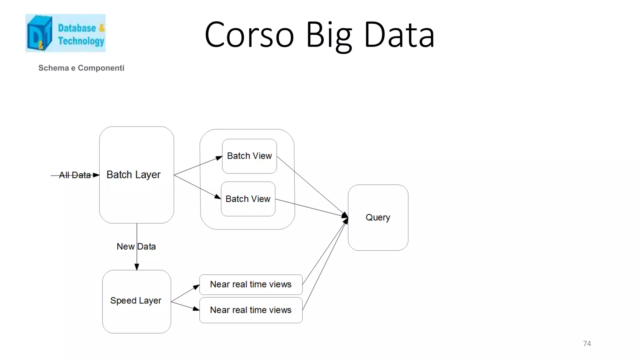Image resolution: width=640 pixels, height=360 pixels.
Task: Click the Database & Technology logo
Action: pyautogui.click(x=65, y=33)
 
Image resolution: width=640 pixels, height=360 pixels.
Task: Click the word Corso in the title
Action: pyautogui.click(x=249, y=35)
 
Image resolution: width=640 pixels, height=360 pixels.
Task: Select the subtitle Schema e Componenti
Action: pyautogui.click(x=81, y=68)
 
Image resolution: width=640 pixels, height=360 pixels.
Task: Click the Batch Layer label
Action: pyautogui.click(x=133, y=174)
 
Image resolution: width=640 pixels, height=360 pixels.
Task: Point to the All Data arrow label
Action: pyautogui.click(x=75, y=175)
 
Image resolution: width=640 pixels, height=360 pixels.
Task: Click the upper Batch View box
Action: pyautogui.click(x=249, y=156)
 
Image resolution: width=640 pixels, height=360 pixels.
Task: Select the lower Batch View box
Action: pyautogui.click(x=248, y=199)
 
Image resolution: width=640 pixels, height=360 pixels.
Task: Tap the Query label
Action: pyautogui.click(x=378, y=217)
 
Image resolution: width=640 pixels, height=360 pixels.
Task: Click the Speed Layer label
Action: pyautogui.click(x=136, y=300)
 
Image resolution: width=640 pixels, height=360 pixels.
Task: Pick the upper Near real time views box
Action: pyautogui.click(x=251, y=284)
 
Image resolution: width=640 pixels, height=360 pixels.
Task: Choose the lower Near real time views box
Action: pyautogui.click(x=251, y=310)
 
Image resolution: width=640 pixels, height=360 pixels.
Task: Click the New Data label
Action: pyautogui.click(x=136, y=247)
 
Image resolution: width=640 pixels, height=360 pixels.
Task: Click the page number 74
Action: pyautogui.click(x=587, y=343)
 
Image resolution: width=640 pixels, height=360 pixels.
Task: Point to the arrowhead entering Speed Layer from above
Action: pyautogui.click(x=137, y=267)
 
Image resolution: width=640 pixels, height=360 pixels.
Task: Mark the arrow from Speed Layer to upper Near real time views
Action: pyautogui.click(x=185, y=293)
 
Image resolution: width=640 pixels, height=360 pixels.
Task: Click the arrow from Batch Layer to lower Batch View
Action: pyautogui.click(x=197, y=187)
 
